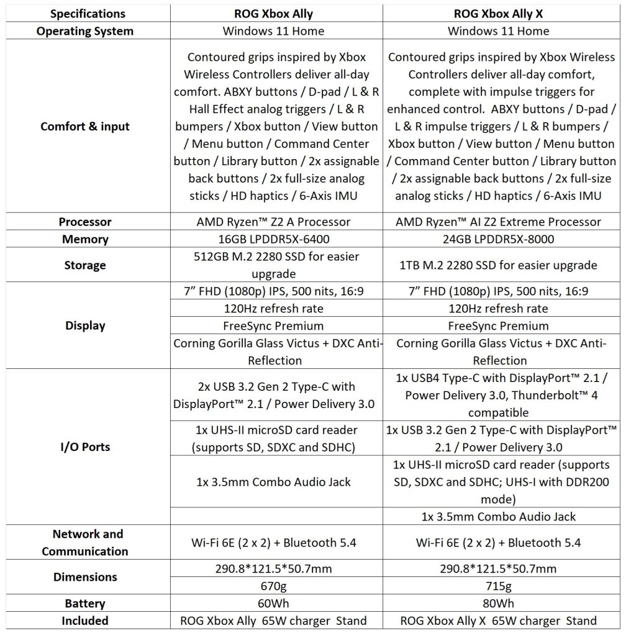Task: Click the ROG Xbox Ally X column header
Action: (500, 13)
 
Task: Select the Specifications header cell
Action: (85, 13)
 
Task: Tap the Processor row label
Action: (85, 222)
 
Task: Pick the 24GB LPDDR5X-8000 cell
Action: (500, 239)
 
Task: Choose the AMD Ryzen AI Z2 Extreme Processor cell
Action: (500, 222)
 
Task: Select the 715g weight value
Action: (500, 586)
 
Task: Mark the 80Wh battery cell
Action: (500, 603)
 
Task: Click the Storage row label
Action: (85, 265)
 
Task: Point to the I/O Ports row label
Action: (85, 447)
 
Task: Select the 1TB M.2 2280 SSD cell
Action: (500, 265)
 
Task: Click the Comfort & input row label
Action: (85, 127)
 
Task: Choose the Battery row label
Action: (85, 603)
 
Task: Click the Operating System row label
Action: (85, 30)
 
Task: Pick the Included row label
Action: (85, 620)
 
